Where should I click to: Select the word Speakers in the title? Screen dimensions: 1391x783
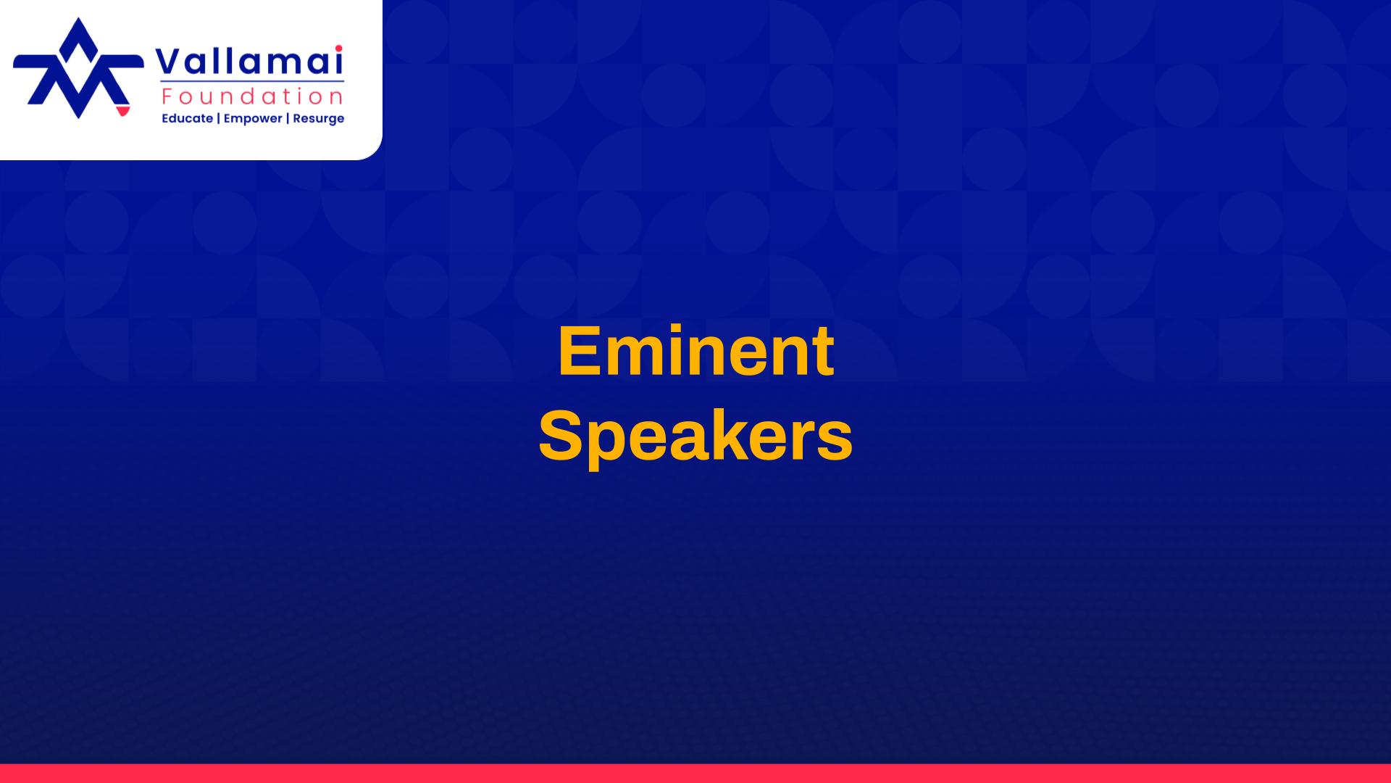pos(695,436)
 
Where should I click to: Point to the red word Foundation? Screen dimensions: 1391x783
pos(253,96)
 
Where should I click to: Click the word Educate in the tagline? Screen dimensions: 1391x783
pos(187,118)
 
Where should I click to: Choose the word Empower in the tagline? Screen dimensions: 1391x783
pos(252,118)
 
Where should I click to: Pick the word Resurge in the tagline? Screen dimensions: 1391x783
pos(318,118)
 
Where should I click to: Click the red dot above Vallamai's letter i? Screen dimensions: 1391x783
pos(338,49)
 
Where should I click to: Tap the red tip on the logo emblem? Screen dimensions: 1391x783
pos(122,110)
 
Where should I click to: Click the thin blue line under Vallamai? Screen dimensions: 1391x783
pos(252,82)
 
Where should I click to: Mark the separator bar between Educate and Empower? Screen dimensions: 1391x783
pos(218,118)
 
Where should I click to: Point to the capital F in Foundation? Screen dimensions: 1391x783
pos(167,96)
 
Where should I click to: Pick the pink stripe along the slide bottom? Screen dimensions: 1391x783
pos(695,773)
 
